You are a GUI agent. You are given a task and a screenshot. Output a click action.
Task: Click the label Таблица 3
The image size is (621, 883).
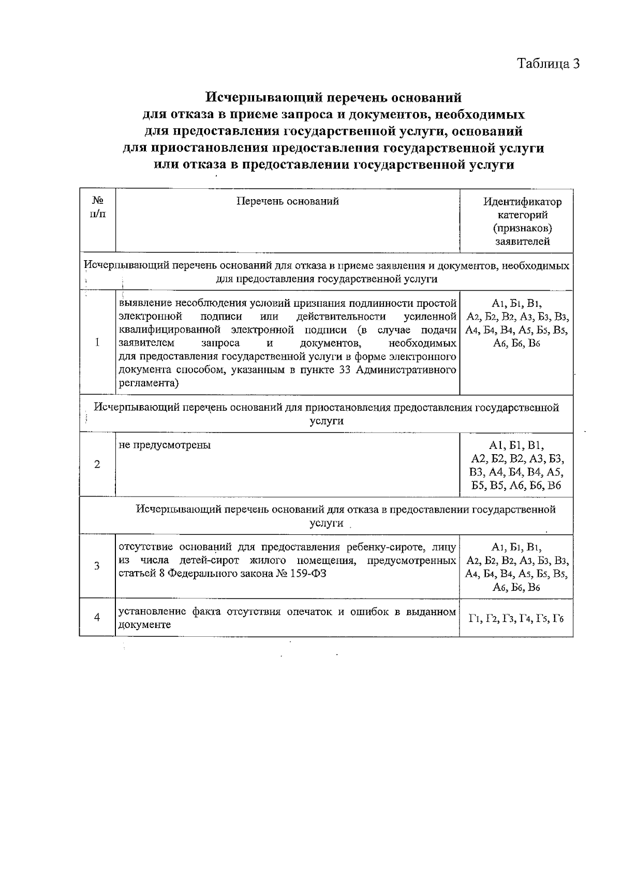[x=549, y=64]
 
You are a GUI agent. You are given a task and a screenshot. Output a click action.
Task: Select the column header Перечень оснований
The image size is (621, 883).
[x=288, y=202]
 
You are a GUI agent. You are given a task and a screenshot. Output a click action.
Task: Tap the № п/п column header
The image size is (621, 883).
[x=97, y=208]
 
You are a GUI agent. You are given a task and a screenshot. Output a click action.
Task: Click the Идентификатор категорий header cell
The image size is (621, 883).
[x=522, y=221]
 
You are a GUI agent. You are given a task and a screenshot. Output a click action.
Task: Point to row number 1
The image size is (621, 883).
[x=97, y=343]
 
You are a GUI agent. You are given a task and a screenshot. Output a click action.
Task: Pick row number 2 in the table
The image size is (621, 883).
[x=97, y=465]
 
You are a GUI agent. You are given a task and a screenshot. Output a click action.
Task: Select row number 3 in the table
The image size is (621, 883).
[x=97, y=566]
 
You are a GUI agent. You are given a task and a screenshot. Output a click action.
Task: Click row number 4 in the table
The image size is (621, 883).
[x=97, y=617]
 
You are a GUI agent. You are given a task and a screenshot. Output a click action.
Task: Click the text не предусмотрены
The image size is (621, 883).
[x=165, y=445]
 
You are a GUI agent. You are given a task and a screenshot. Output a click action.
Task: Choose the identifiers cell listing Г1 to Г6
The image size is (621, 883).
[x=516, y=619]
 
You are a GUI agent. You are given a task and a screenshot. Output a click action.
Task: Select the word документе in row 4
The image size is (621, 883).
[x=145, y=625]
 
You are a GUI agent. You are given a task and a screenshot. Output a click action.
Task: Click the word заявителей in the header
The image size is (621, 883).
[x=522, y=242]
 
